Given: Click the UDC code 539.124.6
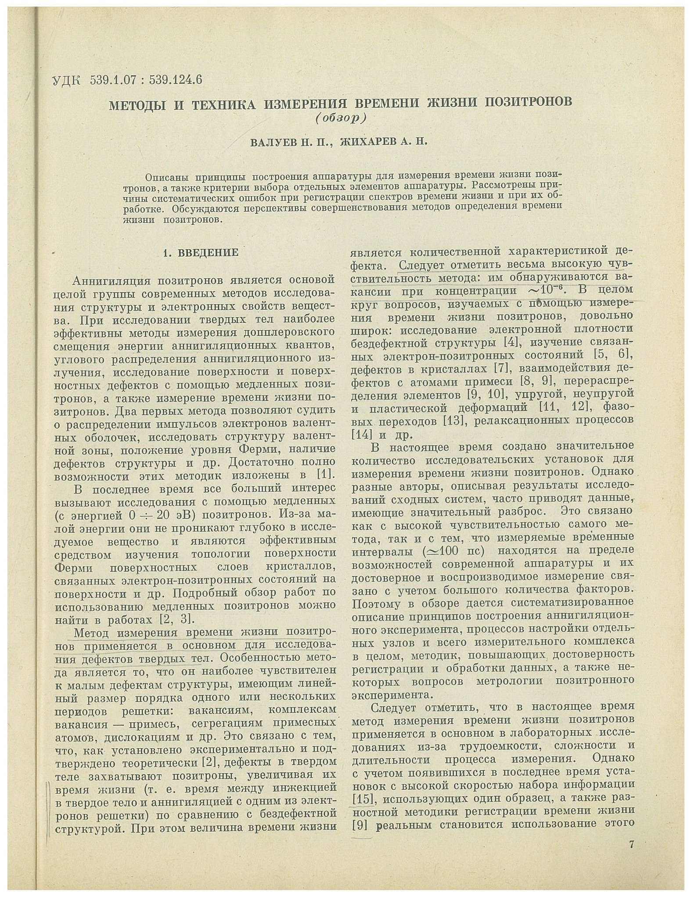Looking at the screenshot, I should [175, 80].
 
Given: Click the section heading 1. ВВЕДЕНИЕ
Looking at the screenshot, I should [200, 252].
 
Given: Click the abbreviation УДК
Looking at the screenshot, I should [66, 81].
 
